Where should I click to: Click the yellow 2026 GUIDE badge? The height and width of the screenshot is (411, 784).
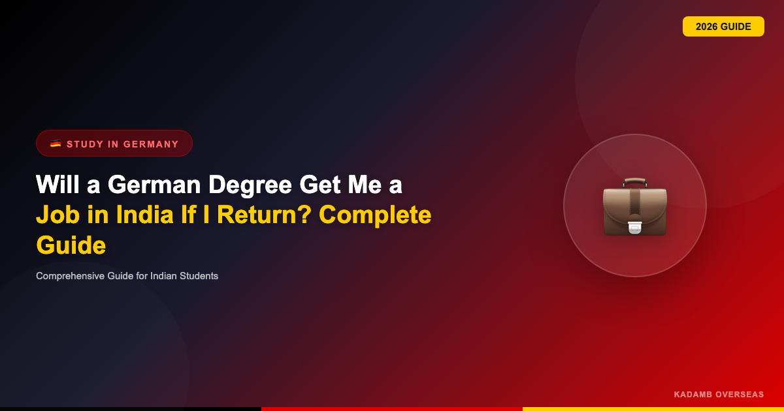pos(723,26)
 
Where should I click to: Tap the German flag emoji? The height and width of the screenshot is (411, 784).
pos(56,144)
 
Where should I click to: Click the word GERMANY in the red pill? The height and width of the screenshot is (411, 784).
pos(151,144)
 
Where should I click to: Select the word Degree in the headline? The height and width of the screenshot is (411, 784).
pos(250,185)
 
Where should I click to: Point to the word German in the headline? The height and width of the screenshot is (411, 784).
pos(154,185)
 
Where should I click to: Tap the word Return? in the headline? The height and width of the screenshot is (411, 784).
pos(264,215)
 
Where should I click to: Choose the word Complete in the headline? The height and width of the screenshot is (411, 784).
pos(375,215)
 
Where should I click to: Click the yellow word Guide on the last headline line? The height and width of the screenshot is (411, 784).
pos(71,245)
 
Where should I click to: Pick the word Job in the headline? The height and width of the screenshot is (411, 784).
pos(57,214)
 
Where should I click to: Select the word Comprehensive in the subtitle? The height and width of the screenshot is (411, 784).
pos(70,276)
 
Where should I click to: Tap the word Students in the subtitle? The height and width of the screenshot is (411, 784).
pos(199,276)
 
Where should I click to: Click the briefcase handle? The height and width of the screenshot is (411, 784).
pos(635,182)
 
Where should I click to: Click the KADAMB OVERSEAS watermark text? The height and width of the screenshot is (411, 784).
pos(719,394)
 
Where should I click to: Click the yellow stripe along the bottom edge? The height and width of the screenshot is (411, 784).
pos(653,409)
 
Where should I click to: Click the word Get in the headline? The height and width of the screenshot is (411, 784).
pos(319,185)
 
